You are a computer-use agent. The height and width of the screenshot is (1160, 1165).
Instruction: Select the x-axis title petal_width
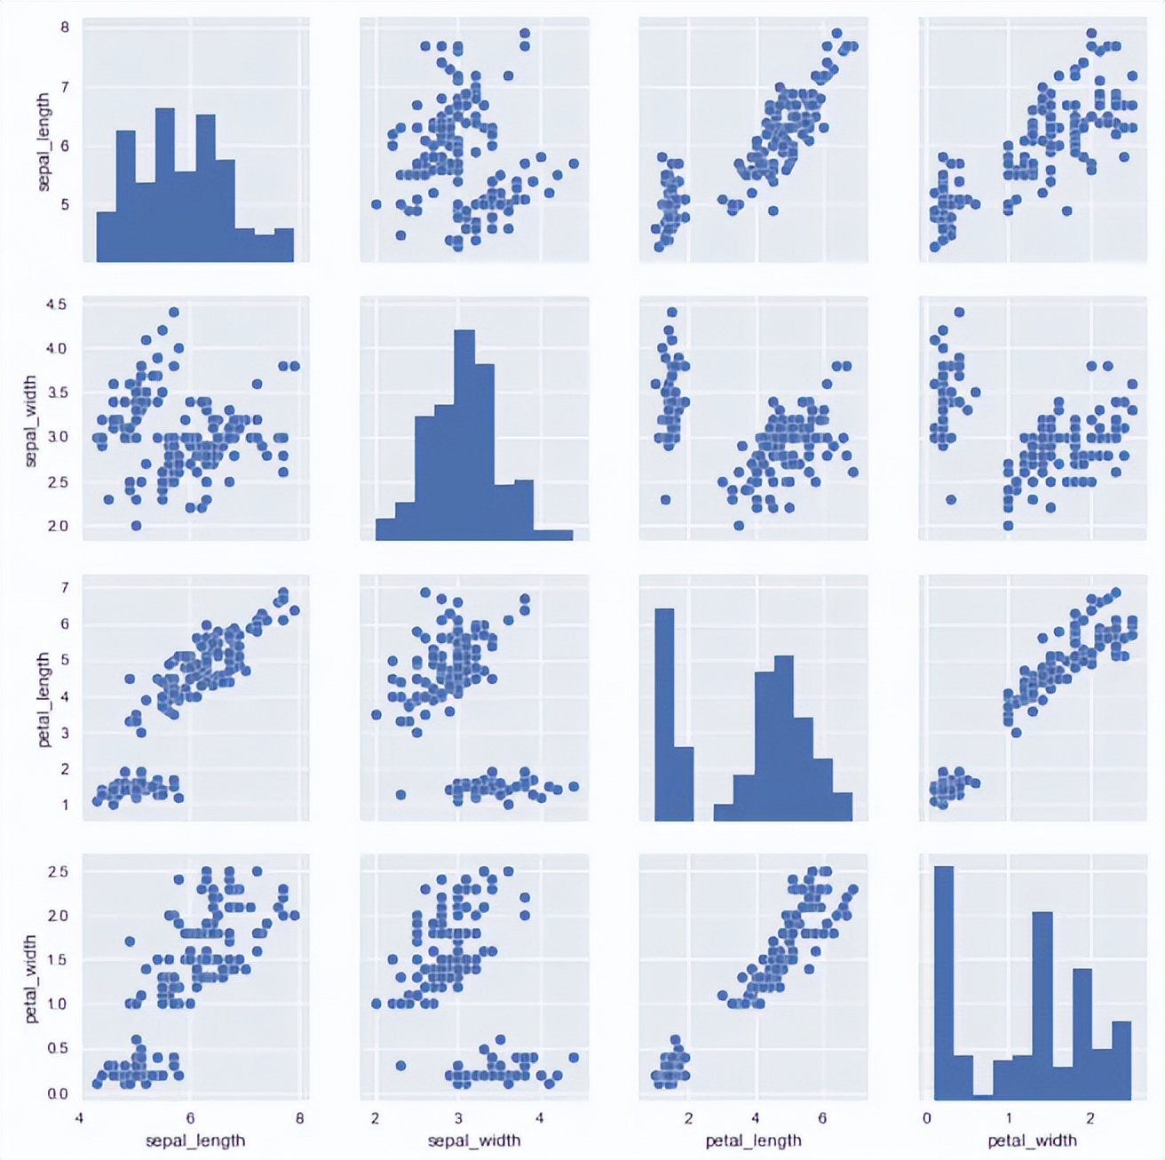(x=1032, y=1140)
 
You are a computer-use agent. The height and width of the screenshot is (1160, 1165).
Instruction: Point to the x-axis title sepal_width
(x=474, y=1140)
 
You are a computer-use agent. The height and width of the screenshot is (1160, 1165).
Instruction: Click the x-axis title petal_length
(x=753, y=1140)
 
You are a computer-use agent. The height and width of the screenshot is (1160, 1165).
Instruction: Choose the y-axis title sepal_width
(x=31, y=421)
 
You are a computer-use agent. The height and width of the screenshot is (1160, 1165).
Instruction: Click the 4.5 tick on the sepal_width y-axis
(x=56, y=305)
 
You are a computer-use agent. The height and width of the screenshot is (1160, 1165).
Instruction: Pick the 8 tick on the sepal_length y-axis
(x=65, y=28)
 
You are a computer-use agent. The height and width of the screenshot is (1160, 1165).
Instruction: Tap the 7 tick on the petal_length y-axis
(x=65, y=587)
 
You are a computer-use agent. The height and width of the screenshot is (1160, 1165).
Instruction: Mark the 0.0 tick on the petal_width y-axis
(x=58, y=1093)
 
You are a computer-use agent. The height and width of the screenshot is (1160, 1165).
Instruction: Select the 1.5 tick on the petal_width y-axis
(x=58, y=960)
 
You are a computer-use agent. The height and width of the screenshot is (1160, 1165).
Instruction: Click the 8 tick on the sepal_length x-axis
(x=299, y=1118)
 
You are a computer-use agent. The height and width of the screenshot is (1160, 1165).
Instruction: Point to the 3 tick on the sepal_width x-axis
(x=458, y=1118)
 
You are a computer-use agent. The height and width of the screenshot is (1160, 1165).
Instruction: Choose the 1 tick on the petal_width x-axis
(x=1009, y=1118)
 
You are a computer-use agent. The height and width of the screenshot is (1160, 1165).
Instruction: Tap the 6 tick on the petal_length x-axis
(x=822, y=1118)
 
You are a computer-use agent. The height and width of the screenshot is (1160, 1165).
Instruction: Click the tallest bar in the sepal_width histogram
(x=464, y=435)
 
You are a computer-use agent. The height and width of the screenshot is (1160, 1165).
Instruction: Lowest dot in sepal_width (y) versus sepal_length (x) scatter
(x=136, y=526)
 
